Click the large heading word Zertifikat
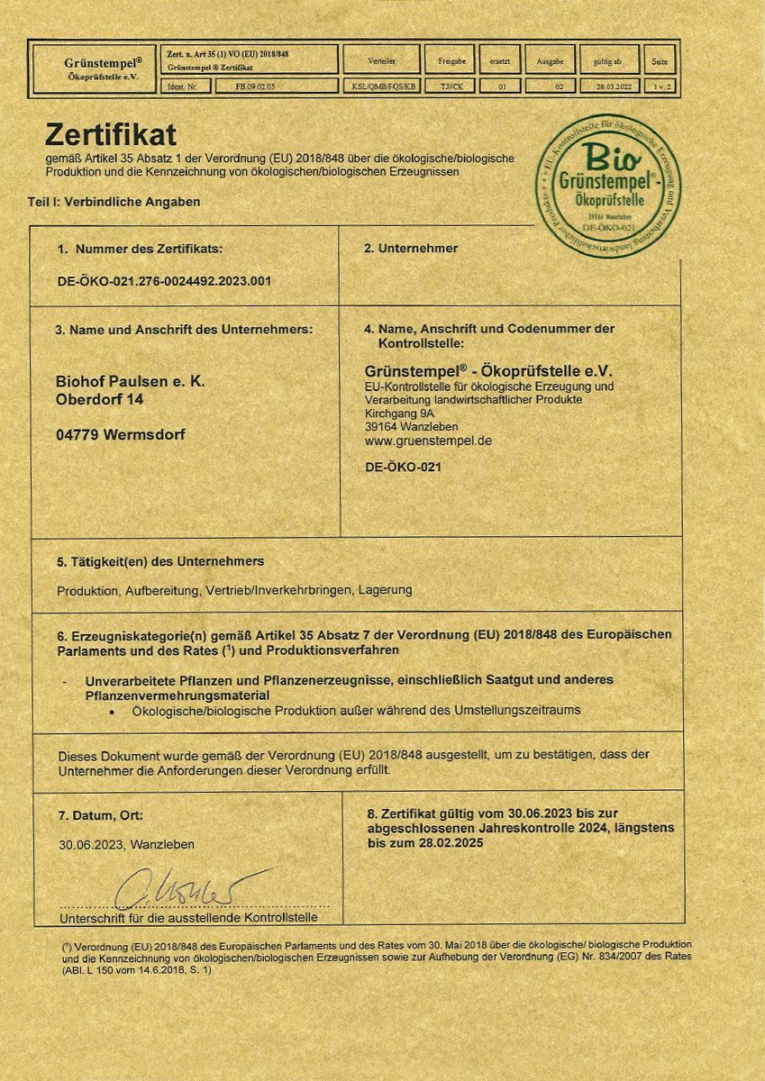click(x=110, y=135)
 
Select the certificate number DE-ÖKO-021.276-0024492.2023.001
click(x=164, y=280)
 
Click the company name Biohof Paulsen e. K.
click(x=131, y=382)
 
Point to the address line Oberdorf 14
click(x=99, y=399)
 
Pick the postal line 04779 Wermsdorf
click(x=121, y=433)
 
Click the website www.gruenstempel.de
click(x=428, y=441)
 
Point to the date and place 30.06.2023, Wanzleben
click(x=126, y=845)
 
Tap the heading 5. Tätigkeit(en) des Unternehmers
click(x=160, y=561)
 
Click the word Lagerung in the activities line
click(x=385, y=590)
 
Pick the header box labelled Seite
click(x=660, y=60)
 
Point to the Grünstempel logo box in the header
click(x=94, y=68)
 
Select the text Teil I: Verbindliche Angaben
click(x=114, y=202)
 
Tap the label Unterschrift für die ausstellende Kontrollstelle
click(x=188, y=917)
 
